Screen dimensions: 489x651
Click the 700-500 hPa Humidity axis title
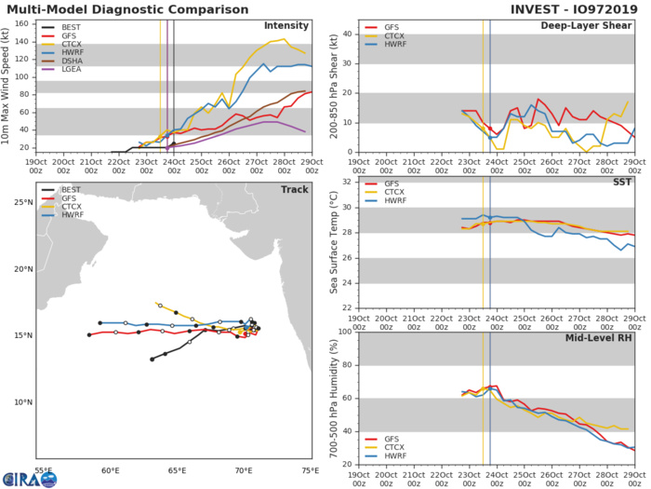click(333, 397)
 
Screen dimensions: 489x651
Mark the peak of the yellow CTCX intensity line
click(283, 39)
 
